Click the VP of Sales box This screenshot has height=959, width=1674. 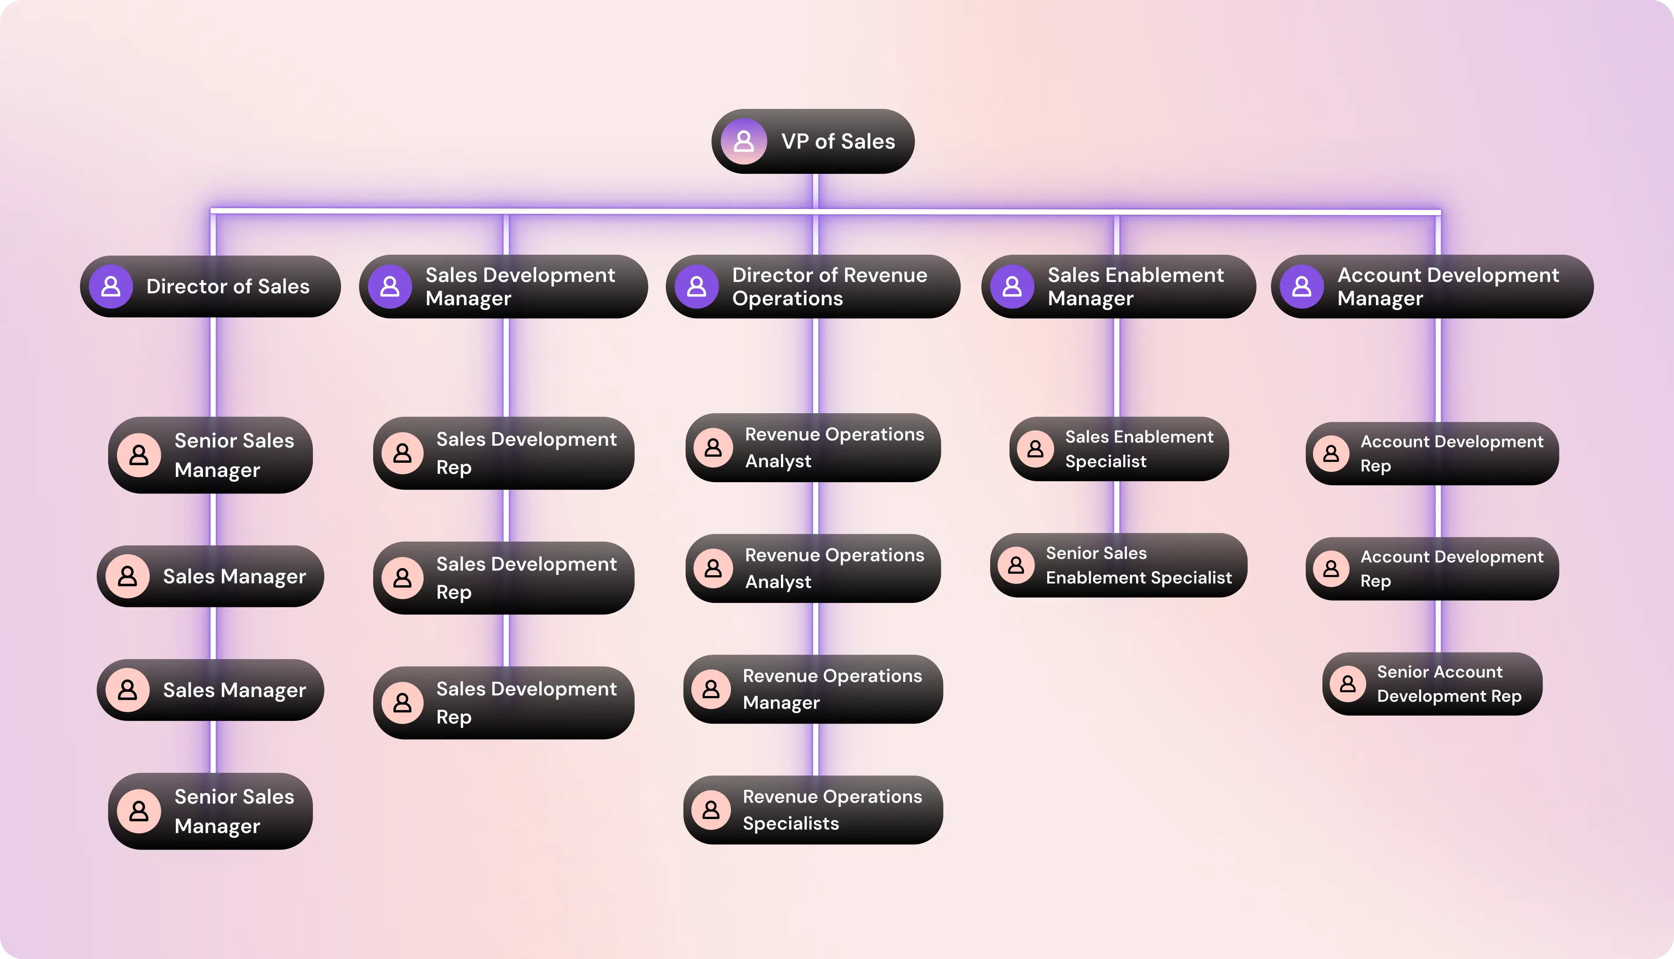(x=813, y=141)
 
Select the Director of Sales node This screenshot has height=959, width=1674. (x=210, y=286)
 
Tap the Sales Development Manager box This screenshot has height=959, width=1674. (x=504, y=286)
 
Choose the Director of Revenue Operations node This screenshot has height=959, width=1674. (x=813, y=286)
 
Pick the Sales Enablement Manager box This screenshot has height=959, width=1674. (x=1118, y=286)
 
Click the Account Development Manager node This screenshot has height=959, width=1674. (x=1432, y=286)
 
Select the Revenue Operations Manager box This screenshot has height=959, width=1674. (x=813, y=689)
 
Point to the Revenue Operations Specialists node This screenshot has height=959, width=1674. (x=813, y=810)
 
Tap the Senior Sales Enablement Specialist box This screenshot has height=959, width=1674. (x=1118, y=565)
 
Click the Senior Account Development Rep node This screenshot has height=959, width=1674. (x=1432, y=684)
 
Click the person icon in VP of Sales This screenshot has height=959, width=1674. (x=744, y=141)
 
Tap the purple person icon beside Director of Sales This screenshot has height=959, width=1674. (x=111, y=286)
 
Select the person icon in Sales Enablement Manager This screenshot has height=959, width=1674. (x=1012, y=286)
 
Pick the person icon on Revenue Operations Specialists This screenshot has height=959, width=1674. (x=711, y=810)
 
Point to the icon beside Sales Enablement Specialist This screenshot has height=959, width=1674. (x=1035, y=449)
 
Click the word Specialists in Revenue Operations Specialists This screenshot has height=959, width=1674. (x=791, y=823)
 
